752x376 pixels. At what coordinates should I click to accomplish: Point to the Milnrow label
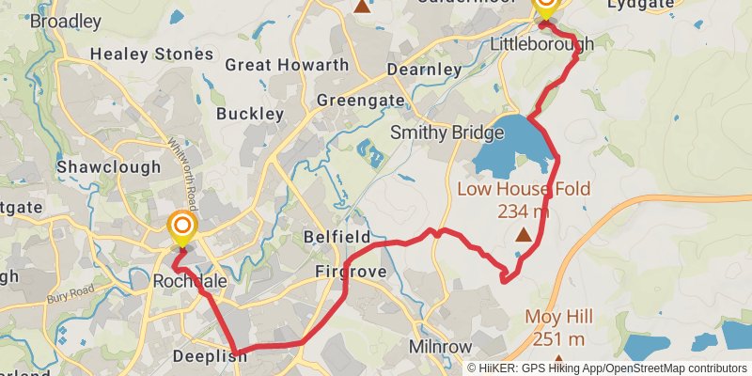[x=440, y=347]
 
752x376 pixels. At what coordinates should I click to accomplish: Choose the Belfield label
[x=337, y=236]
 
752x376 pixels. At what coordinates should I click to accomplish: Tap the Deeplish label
[x=209, y=356]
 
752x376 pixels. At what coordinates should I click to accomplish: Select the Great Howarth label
[x=287, y=66]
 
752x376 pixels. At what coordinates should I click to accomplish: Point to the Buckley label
[x=250, y=114]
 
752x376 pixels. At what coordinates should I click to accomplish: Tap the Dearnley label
[x=427, y=70]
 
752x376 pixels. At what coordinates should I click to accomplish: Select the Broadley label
[x=66, y=21]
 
